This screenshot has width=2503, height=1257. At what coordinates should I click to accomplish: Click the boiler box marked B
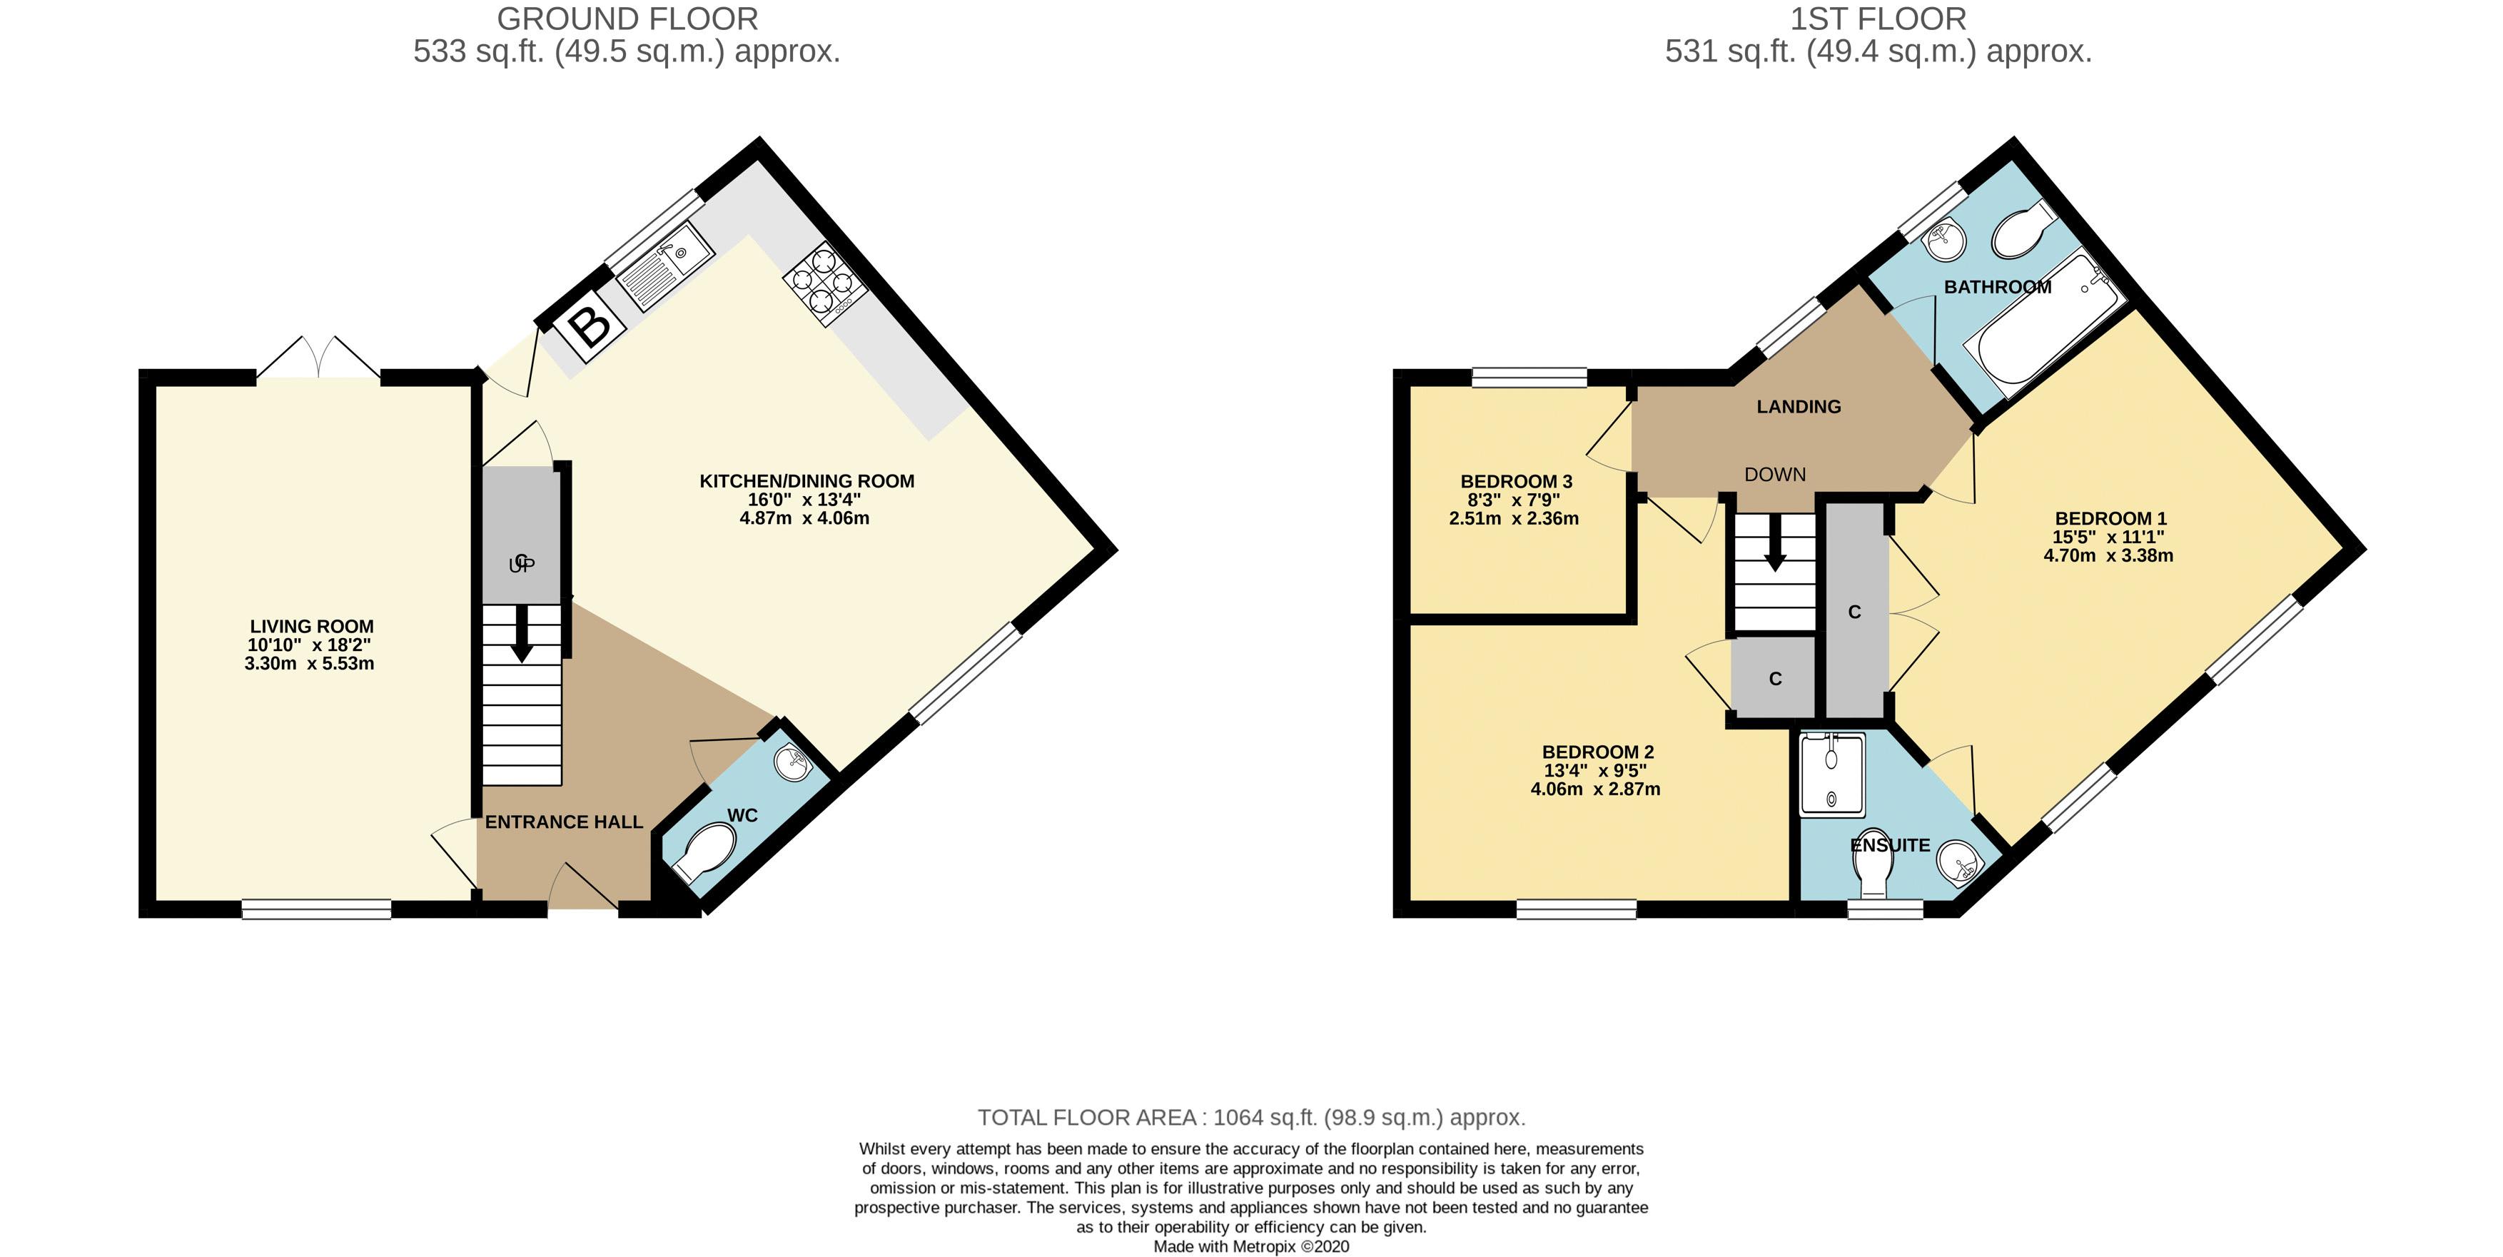point(590,325)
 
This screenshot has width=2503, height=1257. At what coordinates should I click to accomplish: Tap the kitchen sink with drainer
point(664,266)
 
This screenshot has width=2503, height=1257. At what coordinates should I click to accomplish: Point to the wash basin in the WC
point(794,762)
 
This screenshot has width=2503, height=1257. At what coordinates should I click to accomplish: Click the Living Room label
point(311,627)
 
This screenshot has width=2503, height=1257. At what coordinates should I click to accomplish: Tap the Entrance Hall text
point(564,822)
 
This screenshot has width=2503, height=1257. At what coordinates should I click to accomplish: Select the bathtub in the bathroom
point(2040,330)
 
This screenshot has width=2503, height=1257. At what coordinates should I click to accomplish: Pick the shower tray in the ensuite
point(1833,774)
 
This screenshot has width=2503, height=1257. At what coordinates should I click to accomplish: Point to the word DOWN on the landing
point(1775,474)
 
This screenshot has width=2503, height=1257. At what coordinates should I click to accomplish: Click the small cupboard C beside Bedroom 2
point(1774,678)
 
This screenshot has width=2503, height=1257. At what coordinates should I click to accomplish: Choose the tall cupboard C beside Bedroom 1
point(1854,612)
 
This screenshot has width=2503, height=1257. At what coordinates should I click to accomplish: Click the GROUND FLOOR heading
point(627,19)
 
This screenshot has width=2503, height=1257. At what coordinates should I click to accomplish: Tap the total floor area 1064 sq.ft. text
point(1250,1117)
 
